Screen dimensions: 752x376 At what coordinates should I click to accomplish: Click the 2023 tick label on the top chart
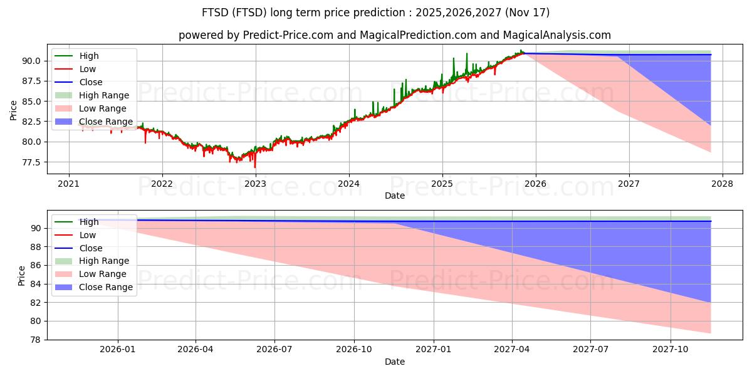coord(255,184)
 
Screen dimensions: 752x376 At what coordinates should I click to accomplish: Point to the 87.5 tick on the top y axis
coord(31,81)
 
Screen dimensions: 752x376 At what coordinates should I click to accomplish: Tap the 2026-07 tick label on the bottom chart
coord(274,350)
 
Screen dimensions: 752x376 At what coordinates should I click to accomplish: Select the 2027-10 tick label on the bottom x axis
coord(671,350)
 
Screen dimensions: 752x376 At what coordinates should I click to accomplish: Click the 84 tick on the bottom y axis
coord(35,284)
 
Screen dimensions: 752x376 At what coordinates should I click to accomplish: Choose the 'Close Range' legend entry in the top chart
coord(94,122)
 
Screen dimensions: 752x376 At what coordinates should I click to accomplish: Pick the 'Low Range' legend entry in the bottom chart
coord(91,274)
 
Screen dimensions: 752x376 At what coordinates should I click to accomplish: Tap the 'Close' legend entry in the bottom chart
coord(78,248)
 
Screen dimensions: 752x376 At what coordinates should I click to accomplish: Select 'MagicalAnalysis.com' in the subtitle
coord(556,35)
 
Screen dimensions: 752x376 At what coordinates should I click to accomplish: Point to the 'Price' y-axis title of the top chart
coord(13,110)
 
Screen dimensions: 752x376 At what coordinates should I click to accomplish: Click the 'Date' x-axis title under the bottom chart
coord(395,362)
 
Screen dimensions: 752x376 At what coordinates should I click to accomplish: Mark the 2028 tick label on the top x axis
coord(722,184)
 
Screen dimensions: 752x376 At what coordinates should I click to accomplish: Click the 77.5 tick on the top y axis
coord(31,162)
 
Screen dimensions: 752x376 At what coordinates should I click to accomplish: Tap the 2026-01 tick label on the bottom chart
coord(118,350)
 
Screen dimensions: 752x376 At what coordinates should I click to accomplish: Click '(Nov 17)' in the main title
coord(527,13)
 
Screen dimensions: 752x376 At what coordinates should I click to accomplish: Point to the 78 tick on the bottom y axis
coord(35,340)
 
